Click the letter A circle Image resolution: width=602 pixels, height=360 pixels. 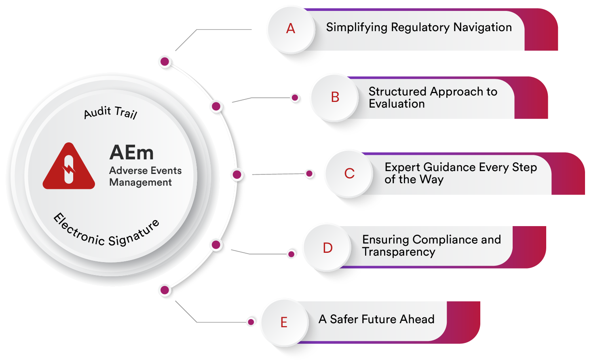click(x=291, y=29)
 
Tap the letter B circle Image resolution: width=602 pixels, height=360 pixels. click(x=335, y=97)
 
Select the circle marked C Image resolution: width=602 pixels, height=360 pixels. click(x=349, y=174)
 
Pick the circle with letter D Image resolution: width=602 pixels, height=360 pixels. click(x=327, y=248)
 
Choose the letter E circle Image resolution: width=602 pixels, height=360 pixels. click(x=284, y=322)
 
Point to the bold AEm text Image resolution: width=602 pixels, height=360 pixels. click(x=131, y=153)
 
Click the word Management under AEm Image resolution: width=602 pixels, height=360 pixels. click(x=140, y=182)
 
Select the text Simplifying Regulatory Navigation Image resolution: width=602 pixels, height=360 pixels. click(x=419, y=28)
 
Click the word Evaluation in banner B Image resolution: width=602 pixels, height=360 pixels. click(x=397, y=104)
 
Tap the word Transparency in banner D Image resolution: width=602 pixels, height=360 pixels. click(x=399, y=252)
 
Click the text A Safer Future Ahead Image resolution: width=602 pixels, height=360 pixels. click(x=376, y=319)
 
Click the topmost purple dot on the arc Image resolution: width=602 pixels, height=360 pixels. click(x=165, y=62)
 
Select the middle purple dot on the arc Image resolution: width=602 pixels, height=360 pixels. click(x=237, y=175)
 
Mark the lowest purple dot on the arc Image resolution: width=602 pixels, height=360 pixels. click(x=165, y=290)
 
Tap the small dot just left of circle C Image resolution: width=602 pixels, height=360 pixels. click(x=309, y=174)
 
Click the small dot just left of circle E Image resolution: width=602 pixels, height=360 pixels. click(x=251, y=322)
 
